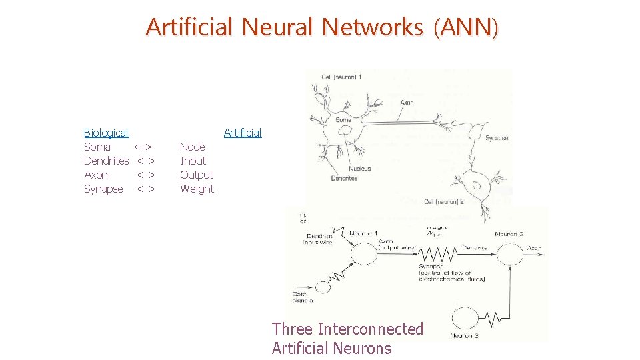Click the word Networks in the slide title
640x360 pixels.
372,27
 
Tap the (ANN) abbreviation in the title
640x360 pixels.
465,27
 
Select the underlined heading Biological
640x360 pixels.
106,133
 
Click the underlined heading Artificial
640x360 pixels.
243,133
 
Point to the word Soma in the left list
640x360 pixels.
97,147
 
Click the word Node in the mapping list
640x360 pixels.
193,147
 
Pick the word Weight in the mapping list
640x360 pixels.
197,189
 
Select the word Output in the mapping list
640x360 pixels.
197,175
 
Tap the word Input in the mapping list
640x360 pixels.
193,161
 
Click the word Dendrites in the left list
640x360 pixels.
107,161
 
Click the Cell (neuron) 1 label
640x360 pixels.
341,77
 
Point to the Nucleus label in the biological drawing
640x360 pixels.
359,169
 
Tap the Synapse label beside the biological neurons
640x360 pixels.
497,139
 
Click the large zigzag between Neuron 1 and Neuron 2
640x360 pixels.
436,254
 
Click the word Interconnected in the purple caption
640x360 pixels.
371,329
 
